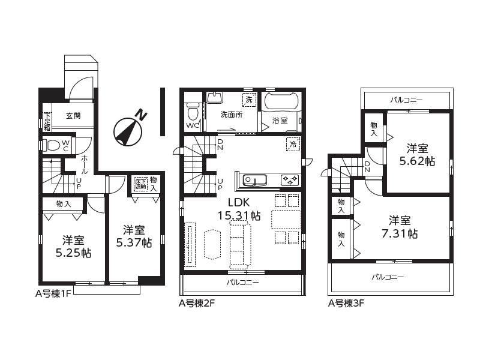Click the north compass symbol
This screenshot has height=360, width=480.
point(128,130)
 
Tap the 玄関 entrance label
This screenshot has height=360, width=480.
point(73,116)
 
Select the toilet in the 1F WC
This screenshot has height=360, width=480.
point(52,145)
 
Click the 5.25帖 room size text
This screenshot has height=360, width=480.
point(73,253)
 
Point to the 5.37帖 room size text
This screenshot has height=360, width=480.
point(134,243)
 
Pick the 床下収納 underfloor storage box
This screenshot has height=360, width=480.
point(140,184)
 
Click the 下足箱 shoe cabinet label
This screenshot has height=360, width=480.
point(47,122)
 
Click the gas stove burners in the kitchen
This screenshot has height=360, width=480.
point(289,180)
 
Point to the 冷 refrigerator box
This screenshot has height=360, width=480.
point(293,144)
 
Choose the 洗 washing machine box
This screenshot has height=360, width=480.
point(249,100)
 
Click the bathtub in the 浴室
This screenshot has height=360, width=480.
point(281,100)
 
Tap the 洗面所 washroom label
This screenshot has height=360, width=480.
point(232,115)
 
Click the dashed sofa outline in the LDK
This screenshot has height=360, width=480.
point(241,245)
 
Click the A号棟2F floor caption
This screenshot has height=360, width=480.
point(197,304)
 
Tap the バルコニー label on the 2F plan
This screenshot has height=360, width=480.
point(243,282)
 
